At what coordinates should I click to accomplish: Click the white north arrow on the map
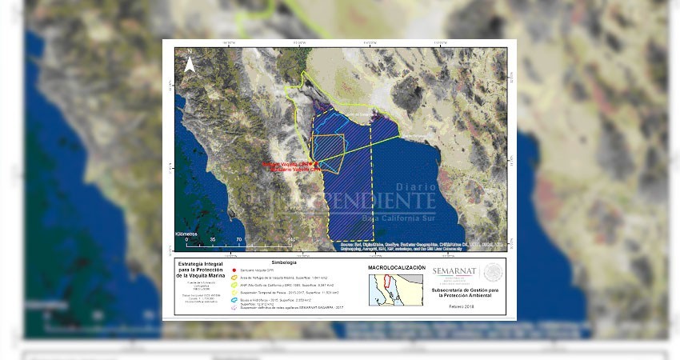point(189,65)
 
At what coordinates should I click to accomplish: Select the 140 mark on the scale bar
point(292,239)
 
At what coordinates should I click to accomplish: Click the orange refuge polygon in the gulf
point(327,153)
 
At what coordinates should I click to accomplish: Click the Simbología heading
point(284,262)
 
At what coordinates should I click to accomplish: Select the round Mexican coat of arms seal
point(490,274)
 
